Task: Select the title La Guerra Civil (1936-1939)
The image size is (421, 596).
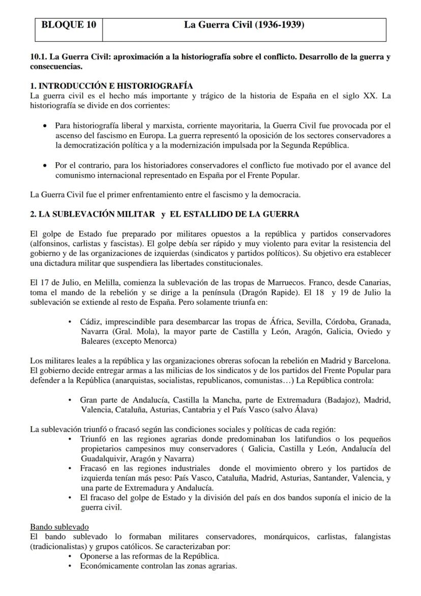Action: click(244, 24)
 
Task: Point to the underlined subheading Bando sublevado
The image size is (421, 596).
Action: click(59, 527)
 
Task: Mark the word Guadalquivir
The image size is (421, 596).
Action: click(104, 459)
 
